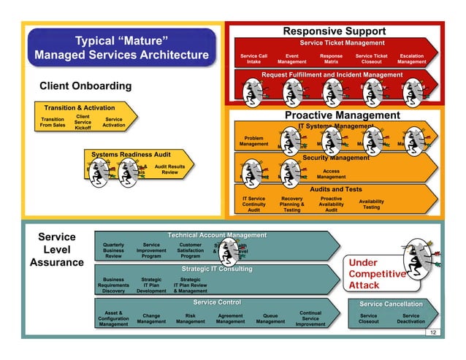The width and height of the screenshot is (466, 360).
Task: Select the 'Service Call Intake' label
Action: [253, 59]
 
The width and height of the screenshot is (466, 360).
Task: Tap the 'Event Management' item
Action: [291, 59]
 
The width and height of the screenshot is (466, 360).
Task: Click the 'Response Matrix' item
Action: [331, 59]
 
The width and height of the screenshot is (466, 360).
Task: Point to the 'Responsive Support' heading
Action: [334, 31]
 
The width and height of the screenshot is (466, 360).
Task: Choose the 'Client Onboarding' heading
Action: [85, 86]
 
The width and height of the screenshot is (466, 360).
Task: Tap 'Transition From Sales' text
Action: [53, 123]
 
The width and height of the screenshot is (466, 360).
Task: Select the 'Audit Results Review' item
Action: [169, 169]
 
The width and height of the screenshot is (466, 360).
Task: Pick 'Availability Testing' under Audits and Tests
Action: [371, 204]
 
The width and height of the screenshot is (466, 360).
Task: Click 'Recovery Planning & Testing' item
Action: [291, 204]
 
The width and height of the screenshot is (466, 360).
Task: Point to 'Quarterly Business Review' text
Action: [114, 250]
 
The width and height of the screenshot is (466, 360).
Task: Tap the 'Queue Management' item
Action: [270, 319]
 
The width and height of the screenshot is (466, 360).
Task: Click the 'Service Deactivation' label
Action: [410, 319]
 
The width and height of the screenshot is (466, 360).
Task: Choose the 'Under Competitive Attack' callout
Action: [375, 274]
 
